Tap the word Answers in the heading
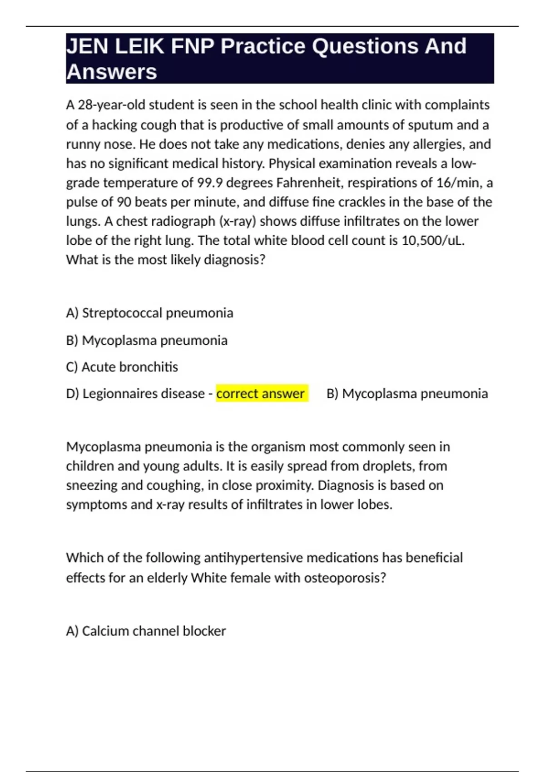point(112,72)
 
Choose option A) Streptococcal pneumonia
point(149,313)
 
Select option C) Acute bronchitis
point(122,367)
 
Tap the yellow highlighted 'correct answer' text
point(261,393)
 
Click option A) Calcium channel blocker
point(146,631)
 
